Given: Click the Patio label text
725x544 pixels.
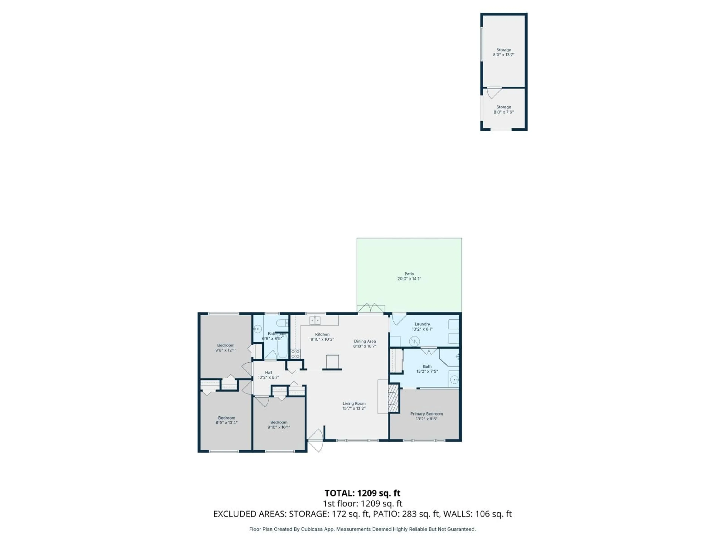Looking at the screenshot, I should pyautogui.click(x=409, y=274).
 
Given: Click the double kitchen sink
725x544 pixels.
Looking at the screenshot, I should pyautogui.click(x=315, y=320).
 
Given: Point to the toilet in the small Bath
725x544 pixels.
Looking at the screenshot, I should pyautogui.click(x=282, y=323).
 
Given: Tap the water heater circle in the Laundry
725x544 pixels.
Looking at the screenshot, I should pyautogui.click(x=414, y=341).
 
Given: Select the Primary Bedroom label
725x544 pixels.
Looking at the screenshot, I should pyautogui.click(x=427, y=414).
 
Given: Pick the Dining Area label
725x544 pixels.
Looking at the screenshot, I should pyautogui.click(x=365, y=341).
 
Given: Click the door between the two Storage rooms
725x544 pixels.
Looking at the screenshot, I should pyautogui.click(x=493, y=93).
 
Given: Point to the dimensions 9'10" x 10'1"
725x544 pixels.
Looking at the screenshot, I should pyautogui.click(x=279, y=427).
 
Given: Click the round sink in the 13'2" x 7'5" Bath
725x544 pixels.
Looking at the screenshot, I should pyautogui.click(x=454, y=380).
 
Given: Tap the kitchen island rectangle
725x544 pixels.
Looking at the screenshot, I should pyautogui.click(x=332, y=362).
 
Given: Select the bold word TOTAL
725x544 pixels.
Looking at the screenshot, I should pyautogui.click(x=339, y=493).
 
